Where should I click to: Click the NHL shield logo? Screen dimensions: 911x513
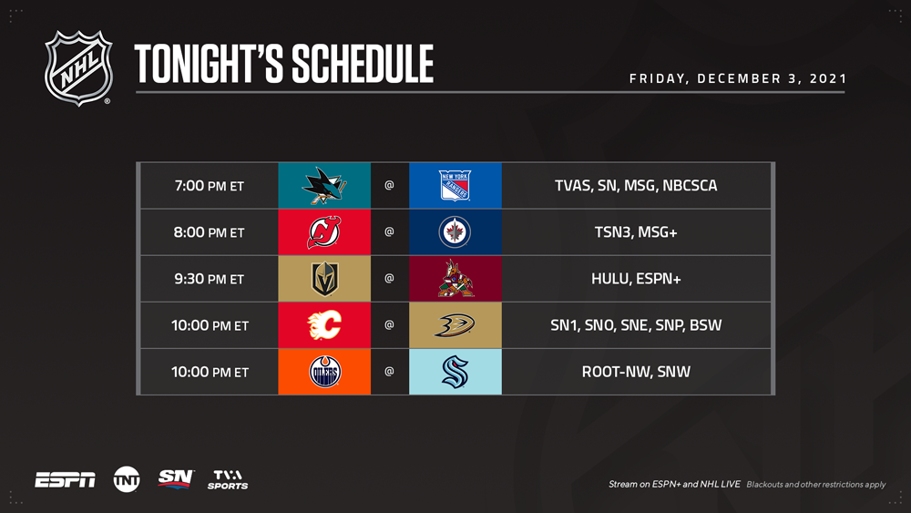tap(78, 68)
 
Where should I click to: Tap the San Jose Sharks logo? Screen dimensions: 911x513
tap(324, 185)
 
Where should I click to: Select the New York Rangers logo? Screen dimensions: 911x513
tap(455, 185)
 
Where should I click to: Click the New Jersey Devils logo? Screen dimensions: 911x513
tap(324, 231)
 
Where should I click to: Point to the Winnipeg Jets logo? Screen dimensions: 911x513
tap(455, 231)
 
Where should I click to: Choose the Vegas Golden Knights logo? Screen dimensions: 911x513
tap(325, 278)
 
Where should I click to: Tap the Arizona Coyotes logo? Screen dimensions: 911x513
tap(455, 278)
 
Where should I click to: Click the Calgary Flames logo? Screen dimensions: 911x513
tap(324, 324)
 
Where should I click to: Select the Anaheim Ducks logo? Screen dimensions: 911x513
tap(455, 324)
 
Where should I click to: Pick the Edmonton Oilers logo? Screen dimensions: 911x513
tap(325, 371)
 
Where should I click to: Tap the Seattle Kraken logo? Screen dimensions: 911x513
tap(455, 371)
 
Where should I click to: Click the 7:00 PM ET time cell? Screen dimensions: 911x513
tap(210, 186)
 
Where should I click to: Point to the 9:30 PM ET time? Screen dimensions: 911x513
tap(210, 279)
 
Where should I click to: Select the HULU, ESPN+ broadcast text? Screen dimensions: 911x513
tap(636, 279)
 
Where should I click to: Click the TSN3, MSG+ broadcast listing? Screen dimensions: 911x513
tap(636, 232)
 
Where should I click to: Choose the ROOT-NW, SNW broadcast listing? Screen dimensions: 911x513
tap(636, 372)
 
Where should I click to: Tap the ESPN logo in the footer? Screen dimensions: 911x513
tap(65, 480)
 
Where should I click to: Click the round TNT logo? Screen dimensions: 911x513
tap(127, 480)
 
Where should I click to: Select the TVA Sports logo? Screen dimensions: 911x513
tap(228, 480)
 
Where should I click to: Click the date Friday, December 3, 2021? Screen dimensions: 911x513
tap(738, 78)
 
